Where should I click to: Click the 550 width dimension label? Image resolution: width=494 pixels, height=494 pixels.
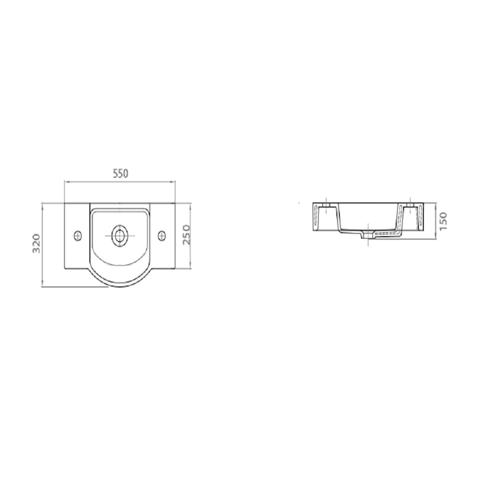(120, 174)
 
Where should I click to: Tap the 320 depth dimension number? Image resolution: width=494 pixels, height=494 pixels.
(36, 243)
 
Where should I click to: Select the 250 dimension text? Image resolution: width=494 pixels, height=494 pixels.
(187, 235)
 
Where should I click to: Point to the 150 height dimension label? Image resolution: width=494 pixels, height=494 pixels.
(443, 221)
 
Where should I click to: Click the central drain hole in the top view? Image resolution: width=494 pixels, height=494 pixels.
(120, 236)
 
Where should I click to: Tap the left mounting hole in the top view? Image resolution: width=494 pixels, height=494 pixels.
(78, 236)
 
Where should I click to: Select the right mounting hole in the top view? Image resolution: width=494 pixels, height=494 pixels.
(162, 236)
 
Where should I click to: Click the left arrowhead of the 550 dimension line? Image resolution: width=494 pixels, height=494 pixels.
(67, 182)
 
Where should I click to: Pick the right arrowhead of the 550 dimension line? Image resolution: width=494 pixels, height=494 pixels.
(173, 182)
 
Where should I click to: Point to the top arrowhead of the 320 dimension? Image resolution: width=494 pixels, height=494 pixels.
(42, 206)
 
